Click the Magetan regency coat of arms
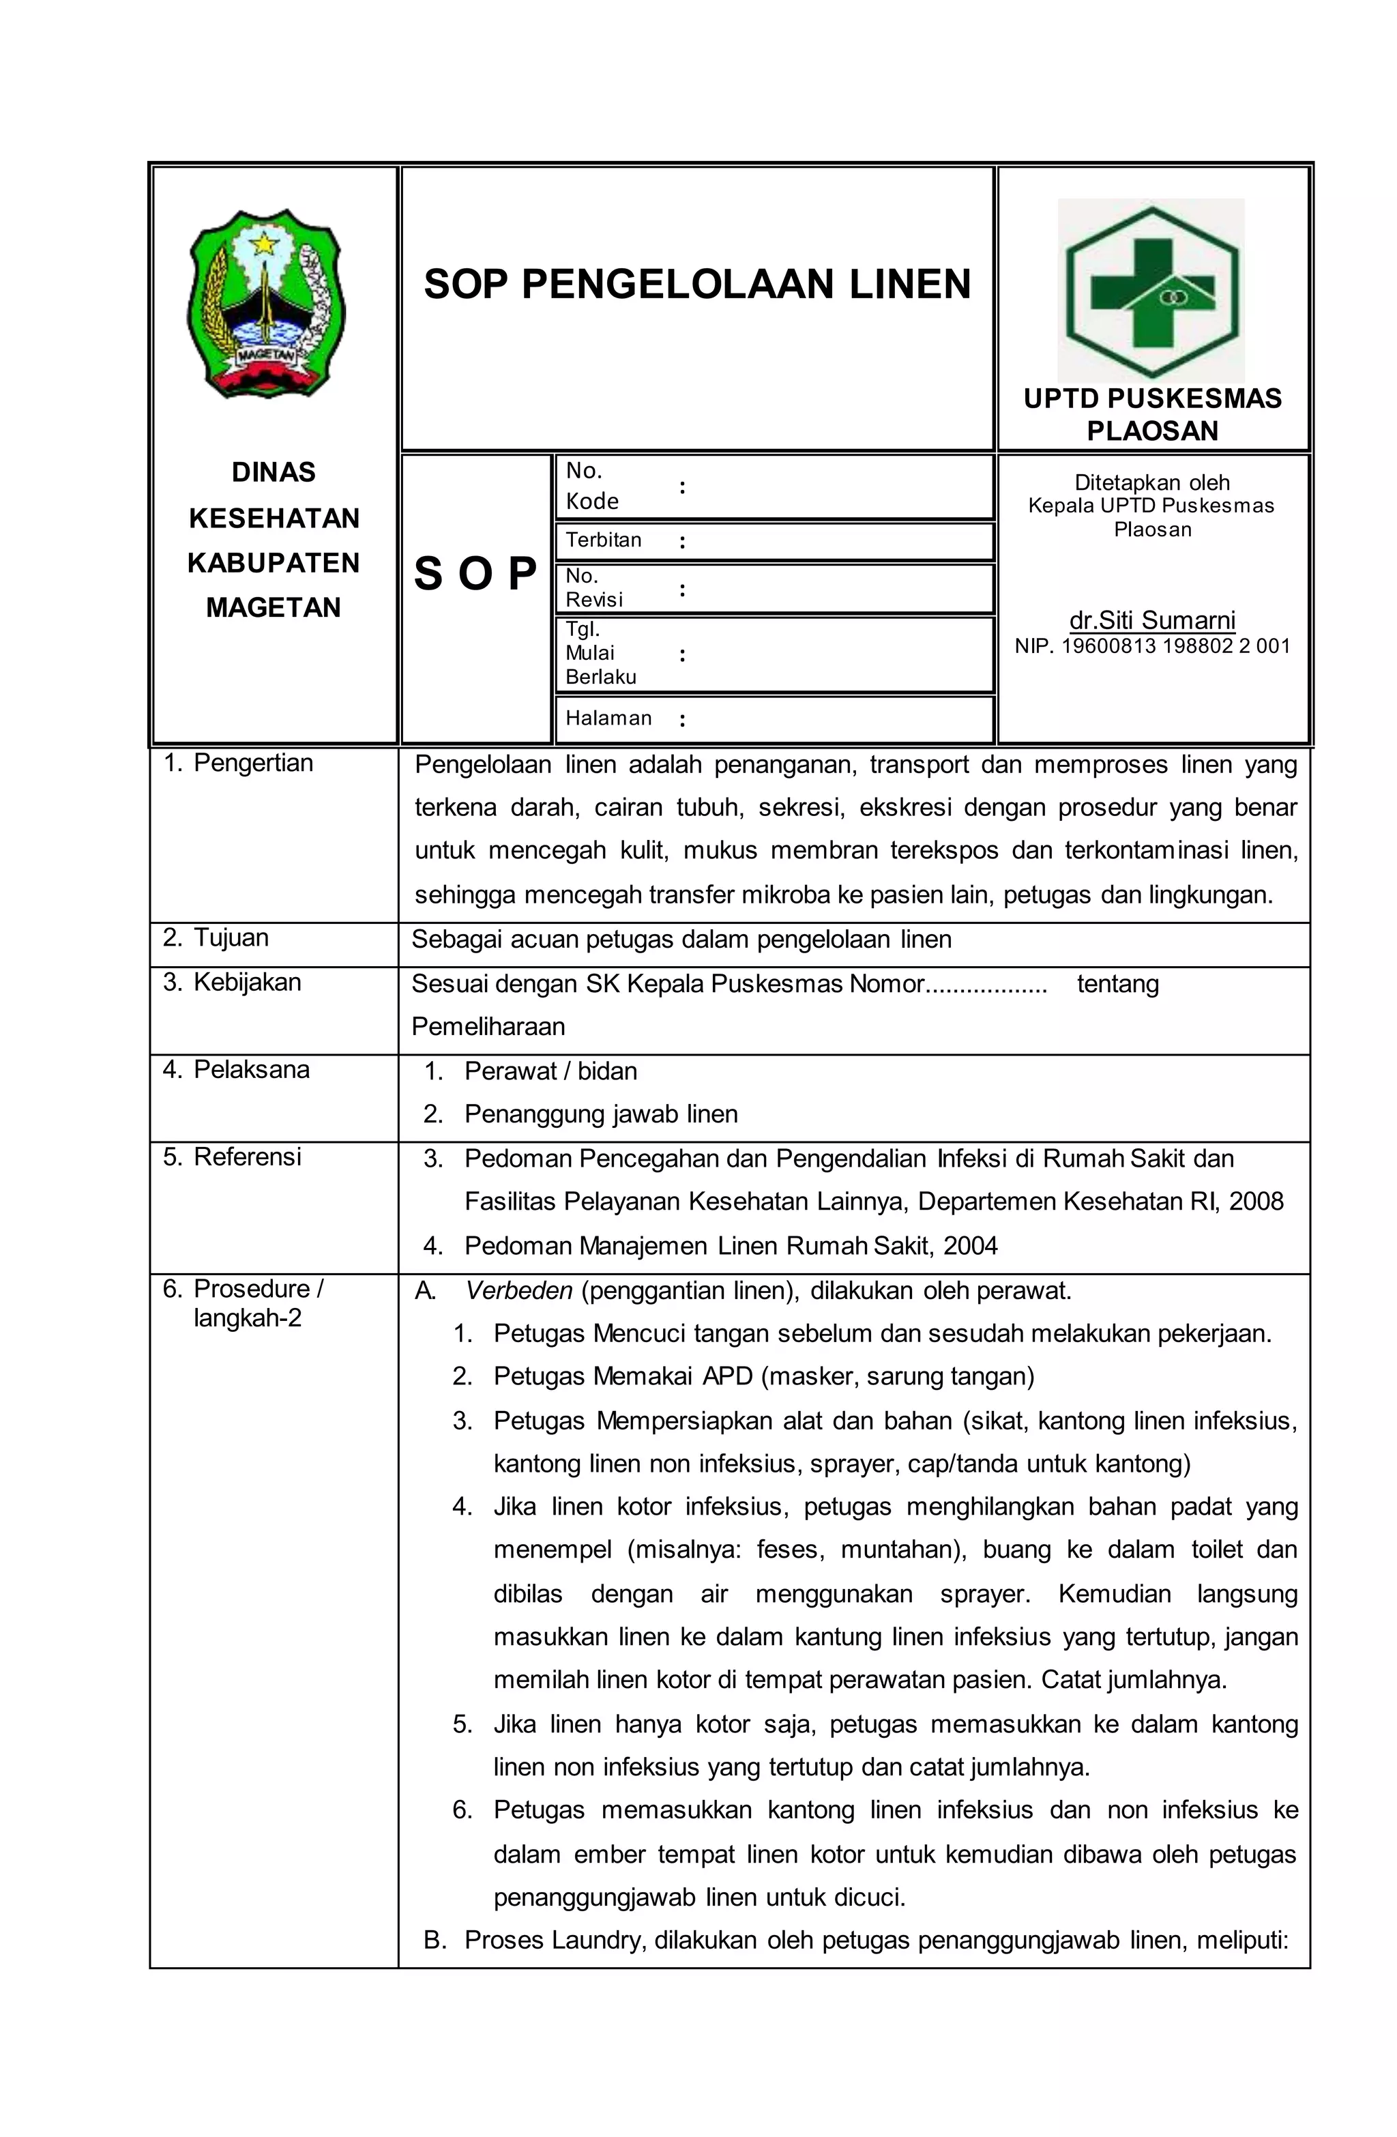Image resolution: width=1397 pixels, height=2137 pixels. point(266,304)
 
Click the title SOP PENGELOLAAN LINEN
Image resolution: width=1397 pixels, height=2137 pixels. point(696,284)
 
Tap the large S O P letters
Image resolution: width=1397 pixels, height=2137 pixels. point(475,573)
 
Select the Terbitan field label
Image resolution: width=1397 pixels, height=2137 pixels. point(602,540)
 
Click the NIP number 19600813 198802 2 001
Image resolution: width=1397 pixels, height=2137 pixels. point(1175,645)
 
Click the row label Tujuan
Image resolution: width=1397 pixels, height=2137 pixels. point(231,937)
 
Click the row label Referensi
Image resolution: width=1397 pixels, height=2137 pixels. point(247,1157)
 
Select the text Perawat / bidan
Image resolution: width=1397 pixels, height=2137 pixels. point(550,1071)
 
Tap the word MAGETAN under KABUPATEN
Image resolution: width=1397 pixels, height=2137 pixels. point(273,607)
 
